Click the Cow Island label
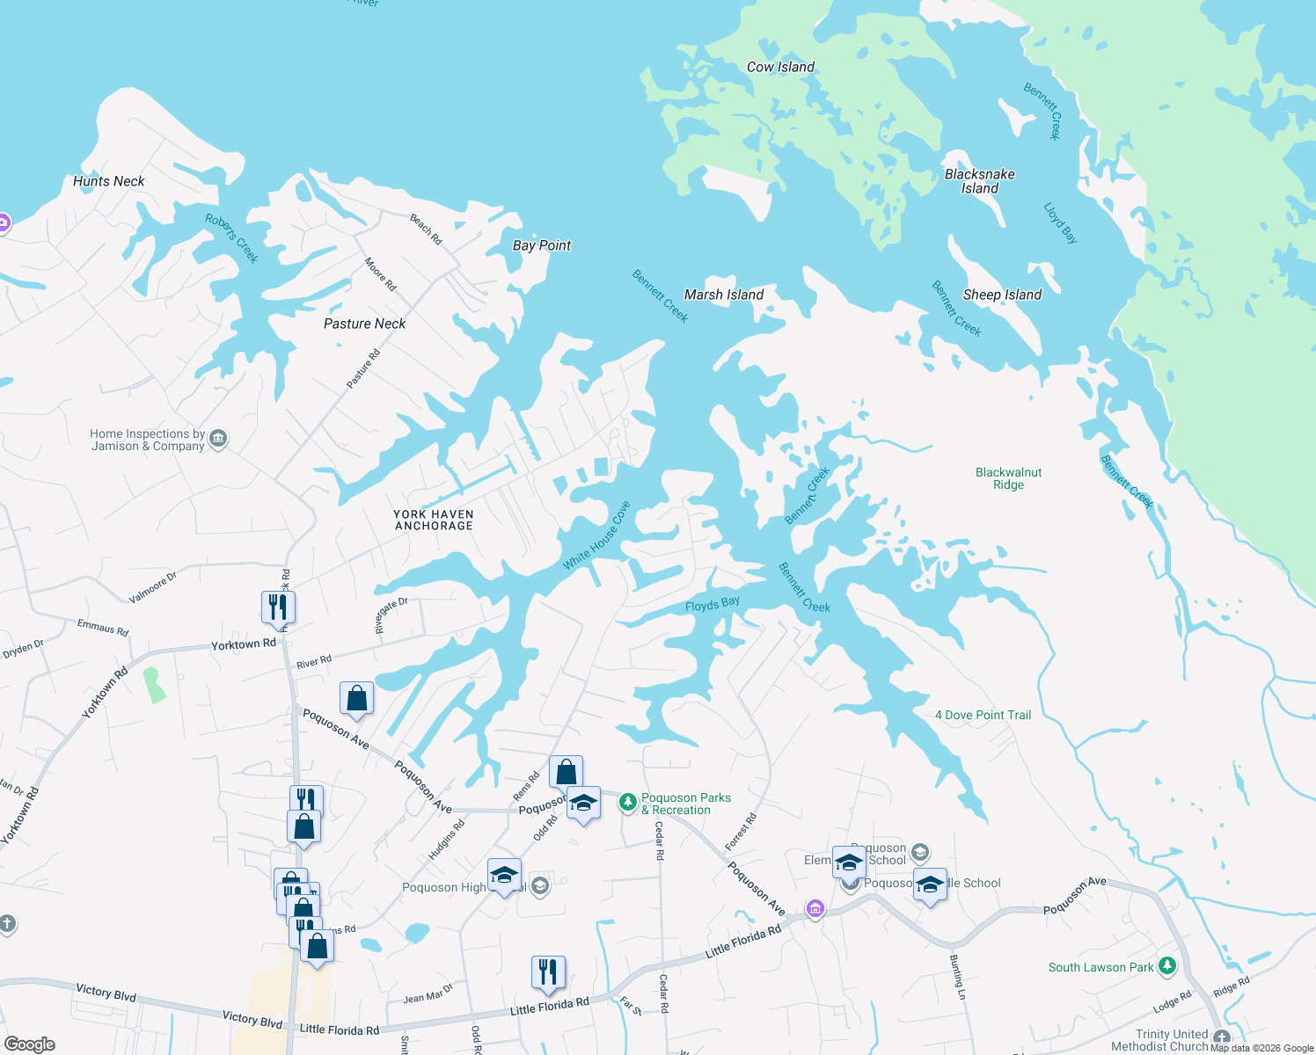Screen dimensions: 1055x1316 click(780, 67)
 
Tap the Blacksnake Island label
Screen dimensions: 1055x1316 click(979, 181)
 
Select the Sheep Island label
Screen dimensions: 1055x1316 click(1002, 295)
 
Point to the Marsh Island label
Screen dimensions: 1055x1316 click(724, 295)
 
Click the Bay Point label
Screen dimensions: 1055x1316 click(542, 245)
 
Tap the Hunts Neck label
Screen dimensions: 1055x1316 click(109, 181)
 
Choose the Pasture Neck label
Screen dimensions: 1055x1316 click(364, 324)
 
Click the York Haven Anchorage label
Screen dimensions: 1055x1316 click(434, 520)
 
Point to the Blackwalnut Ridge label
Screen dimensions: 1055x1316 click(1008, 478)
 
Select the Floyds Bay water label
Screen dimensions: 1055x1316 click(713, 604)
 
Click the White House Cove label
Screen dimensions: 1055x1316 click(597, 535)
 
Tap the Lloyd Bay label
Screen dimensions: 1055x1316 click(1060, 222)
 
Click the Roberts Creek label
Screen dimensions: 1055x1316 click(232, 238)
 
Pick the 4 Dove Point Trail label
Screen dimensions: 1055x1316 click(983, 715)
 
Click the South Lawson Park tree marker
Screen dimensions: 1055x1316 click(1167, 967)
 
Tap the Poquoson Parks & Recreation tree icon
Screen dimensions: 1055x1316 click(627, 802)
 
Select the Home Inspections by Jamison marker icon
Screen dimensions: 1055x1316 click(218, 439)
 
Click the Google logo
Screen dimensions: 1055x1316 click(30, 1044)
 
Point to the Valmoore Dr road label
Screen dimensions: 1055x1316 click(153, 587)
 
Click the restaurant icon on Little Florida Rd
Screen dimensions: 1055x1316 click(548, 971)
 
